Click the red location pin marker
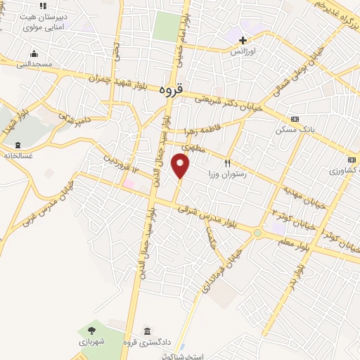click(x=181, y=167)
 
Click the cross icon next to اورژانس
click(x=243, y=40)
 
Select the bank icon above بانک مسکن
click(x=295, y=118)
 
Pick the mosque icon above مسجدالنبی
click(x=33, y=54)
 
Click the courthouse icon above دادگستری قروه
click(x=147, y=331)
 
